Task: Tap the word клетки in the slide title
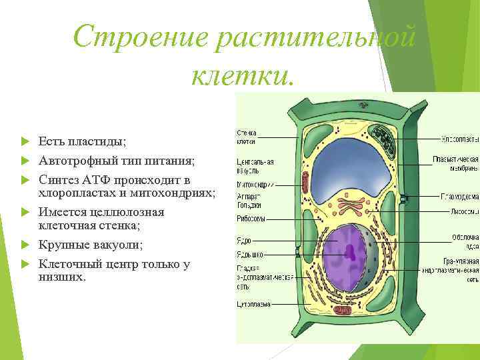pos(241,75)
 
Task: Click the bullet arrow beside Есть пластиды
pos(25,142)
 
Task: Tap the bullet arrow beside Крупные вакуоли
pos(25,245)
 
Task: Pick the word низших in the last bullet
pos(61,276)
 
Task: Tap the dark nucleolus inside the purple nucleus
pos(349,251)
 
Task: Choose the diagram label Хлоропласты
pos(459,139)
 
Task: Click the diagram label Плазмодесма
pos(459,197)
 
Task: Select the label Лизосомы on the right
pos(463,211)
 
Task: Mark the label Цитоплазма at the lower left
pos(254,304)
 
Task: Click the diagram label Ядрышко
pos(249,254)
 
